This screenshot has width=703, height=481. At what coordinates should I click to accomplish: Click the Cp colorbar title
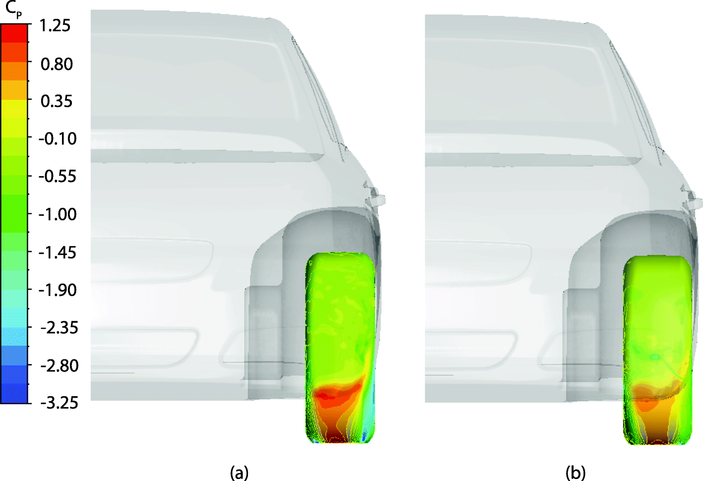click(x=14, y=10)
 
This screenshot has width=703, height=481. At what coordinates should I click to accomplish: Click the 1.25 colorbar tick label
click(x=55, y=25)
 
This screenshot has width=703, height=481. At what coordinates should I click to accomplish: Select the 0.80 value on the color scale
click(x=57, y=64)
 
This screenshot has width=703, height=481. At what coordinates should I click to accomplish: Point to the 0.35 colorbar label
click(x=57, y=101)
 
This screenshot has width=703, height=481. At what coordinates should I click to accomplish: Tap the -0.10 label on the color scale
click(x=58, y=138)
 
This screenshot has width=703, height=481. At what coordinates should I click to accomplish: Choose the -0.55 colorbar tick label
click(x=58, y=176)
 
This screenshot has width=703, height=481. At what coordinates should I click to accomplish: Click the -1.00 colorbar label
click(x=58, y=214)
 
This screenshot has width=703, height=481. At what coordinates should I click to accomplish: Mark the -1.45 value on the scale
click(x=58, y=252)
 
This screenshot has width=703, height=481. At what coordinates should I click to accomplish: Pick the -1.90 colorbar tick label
click(x=58, y=290)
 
